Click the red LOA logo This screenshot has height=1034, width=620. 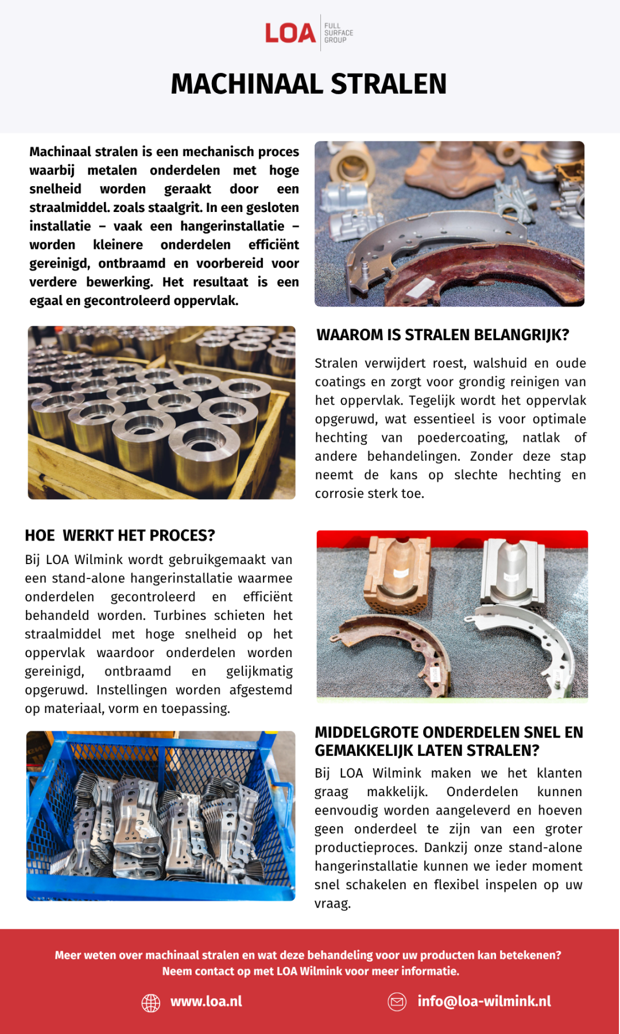[x=290, y=33]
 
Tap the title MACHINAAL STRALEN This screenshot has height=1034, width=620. [x=309, y=84]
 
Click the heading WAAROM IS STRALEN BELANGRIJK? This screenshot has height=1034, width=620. [x=443, y=335]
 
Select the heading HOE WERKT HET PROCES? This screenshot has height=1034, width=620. [x=120, y=535]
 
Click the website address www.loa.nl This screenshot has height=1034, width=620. [x=206, y=1001]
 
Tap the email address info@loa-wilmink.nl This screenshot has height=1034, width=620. [x=484, y=1001]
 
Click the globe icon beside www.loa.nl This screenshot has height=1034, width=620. [x=151, y=1002]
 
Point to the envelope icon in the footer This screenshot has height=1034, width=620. [x=397, y=1002]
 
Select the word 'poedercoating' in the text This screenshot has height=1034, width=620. [x=463, y=438]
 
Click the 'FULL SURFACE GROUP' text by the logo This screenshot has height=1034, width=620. [x=339, y=33]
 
